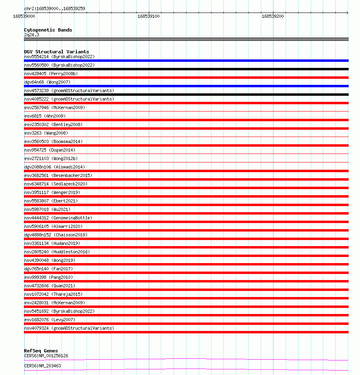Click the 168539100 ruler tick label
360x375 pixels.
(x=148, y=16)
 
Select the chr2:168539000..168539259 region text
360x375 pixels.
(x=55, y=8)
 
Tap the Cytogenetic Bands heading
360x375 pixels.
(x=48, y=30)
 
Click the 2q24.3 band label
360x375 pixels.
(x=32, y=35)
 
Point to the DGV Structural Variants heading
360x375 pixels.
(x=57, y=52)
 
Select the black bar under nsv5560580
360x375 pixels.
(x=186, y=69)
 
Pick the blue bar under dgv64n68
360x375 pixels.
(x=186, y=86)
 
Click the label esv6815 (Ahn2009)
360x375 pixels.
(x=45, y=116)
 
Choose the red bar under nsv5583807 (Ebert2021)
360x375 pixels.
(x=186, y=205)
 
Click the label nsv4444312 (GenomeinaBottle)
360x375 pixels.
(x=58, y=218)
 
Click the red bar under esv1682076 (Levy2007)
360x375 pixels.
(x=186, y=324)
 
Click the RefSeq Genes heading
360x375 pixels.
(x=41, y=351)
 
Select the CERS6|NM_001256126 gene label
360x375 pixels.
(x=46, y=356)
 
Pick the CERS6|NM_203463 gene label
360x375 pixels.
(x=42, y=366)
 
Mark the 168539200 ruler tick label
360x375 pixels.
(x=273, y=16)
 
